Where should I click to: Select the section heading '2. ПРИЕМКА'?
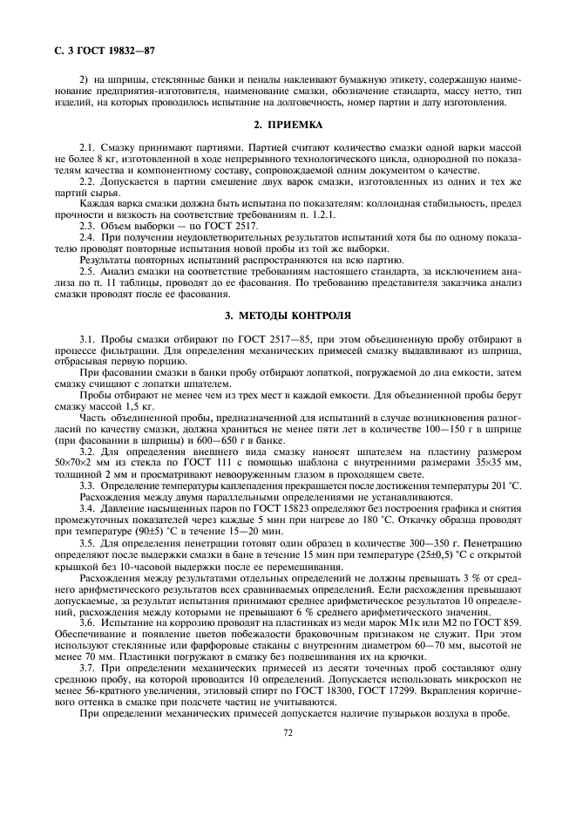288,125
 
